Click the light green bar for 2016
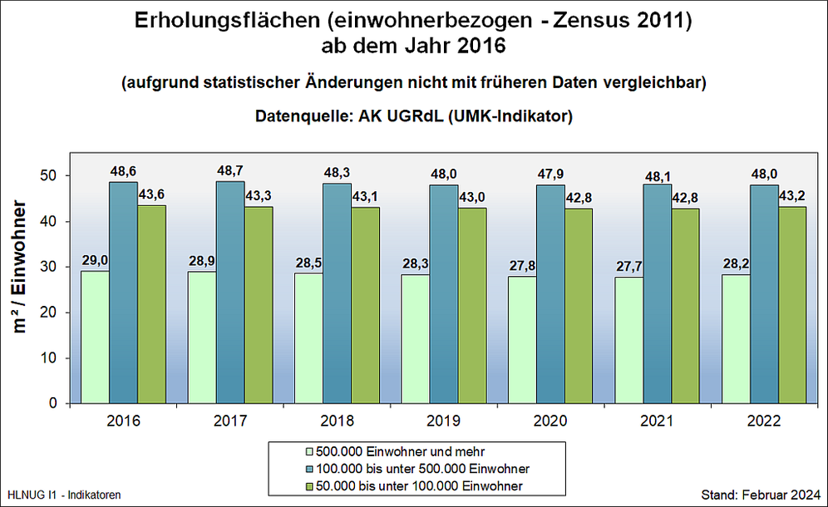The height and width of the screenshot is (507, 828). tap(95, 337)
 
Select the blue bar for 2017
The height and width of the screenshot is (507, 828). tap(230, 293)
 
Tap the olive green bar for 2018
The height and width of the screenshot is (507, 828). tap(365, 305)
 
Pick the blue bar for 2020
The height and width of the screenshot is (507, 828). tap(550, 294)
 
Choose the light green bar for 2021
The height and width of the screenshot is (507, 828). tap(628, 341)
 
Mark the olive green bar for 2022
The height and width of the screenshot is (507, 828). tap(792, 305)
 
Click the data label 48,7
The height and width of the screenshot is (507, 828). tap(230, 170)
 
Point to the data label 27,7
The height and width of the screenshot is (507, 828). tap(628, 265)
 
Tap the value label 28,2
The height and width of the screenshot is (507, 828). tap(736, 263)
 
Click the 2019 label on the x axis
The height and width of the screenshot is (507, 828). tap(443, 421)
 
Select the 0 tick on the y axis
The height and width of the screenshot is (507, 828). tap(52, 404)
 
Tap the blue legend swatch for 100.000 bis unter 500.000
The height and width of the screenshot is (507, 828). tap(310, 469)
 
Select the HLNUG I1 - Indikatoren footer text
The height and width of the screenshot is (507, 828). tap(64, 495)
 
